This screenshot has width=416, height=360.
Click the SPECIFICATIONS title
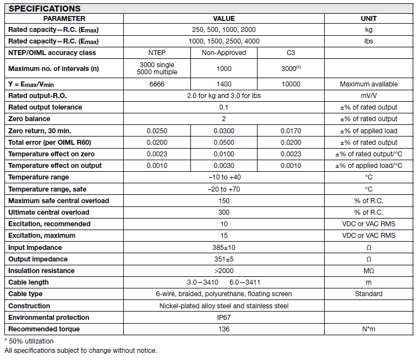click(45, 8)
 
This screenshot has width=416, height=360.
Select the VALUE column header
click(223, 18)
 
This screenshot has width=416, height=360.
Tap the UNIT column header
click(369, 18)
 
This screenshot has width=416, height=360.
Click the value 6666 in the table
click(157, 84)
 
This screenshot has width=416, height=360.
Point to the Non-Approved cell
click(224, 53)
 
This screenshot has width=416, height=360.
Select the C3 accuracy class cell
click(291, 53)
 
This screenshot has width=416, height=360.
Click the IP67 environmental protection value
click(223, 318)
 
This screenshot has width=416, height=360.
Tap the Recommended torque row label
click(44, 329)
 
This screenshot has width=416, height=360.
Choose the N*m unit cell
click(369, 329)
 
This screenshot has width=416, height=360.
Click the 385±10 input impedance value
click(223, 248)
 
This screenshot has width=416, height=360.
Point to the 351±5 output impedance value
click(223, 259)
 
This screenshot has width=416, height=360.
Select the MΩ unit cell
click(369, 271)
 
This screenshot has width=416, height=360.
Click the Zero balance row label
click(29, 119)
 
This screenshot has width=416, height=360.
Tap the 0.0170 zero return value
click(291, 131)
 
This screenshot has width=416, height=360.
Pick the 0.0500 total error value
click(223, 143)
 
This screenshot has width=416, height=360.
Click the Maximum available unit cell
click(369, 84)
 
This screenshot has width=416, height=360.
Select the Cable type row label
click(25, 294)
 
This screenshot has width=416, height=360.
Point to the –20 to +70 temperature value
click(223, 189)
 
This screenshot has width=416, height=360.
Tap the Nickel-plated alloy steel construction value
click(223, 306)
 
